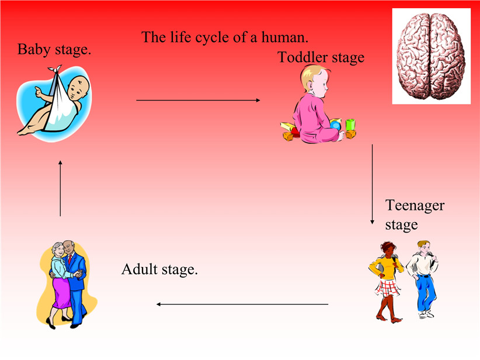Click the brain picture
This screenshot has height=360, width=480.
pyautogui.click(x=432, y=56)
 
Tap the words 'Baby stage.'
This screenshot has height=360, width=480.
pyautogui.click(x=54, y=49)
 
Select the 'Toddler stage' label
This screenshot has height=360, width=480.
pyautogui.click(x=321, y=57)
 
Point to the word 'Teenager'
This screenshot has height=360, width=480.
pyautogui.click(x=415, y=206)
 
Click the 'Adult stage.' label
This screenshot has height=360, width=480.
pyautogui.click(x=159, y=269)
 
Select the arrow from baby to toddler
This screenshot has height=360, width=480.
pyautogui.click(x=198, y=100)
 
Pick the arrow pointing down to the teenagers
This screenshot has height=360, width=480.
pyautogui.click(x=372, y=184)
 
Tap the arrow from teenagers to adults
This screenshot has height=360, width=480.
pyautogui.click(x=242, y=304)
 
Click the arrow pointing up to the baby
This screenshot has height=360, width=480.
pyautogui.click(x=60, y=188)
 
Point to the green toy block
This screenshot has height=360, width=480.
pyautogui.click(x=350, y=124)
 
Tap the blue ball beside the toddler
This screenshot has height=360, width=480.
pyautogui.click(x=335, y=125)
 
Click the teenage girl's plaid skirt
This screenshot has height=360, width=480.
pyautogui.click(x=387, y=288)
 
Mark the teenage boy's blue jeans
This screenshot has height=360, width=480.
pyautogui.click(x=426, y=293)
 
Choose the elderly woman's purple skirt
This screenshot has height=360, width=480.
pyautogui.click(x=62, y=293)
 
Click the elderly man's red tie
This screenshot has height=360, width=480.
pyautogui.click(x=70, y=259)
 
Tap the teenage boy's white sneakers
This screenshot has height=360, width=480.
pyautogui.click(x=426, y=314)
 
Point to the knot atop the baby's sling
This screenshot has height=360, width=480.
pyautogui.click(x=55, y=69)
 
